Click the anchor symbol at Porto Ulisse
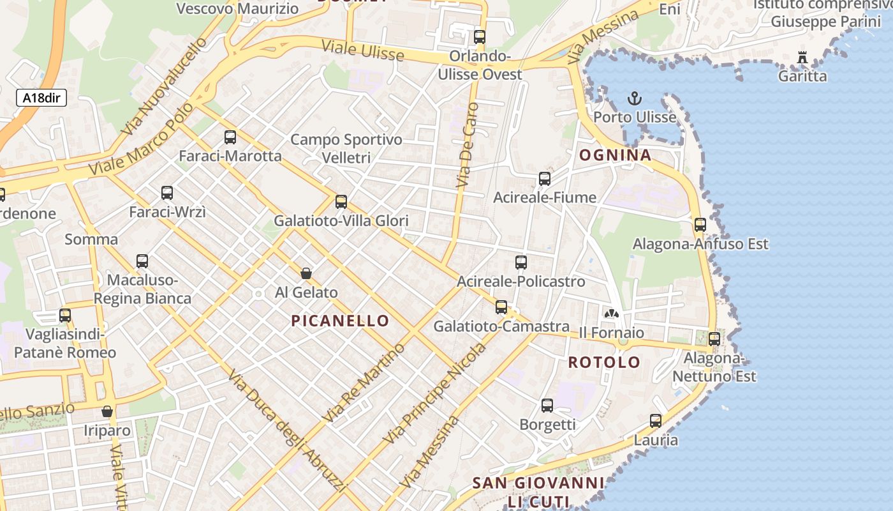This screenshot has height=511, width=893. pos(634,98)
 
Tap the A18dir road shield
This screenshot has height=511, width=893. pos(41,98)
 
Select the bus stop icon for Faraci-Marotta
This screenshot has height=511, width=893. pos(230,137)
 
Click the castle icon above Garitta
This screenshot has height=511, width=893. pos(802,57)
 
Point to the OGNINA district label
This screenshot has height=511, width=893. pos(615,155)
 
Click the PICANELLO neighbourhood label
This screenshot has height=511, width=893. pos(340,321)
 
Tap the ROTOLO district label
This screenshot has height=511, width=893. pos(604,363)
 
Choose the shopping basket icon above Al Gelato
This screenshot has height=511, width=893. pos(306,273)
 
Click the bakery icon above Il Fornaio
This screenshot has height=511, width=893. pos(612,314)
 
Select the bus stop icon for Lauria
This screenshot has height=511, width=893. pos(656,421)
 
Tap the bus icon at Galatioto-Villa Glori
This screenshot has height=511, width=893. pos(341,202)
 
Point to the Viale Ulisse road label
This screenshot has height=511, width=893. pos(362,50)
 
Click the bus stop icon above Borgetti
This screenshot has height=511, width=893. pos(547,405)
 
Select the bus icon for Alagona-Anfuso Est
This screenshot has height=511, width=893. pos(700,224)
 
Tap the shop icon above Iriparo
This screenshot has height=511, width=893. pos(107,411)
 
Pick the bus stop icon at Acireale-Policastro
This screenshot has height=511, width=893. pos(521,262)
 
